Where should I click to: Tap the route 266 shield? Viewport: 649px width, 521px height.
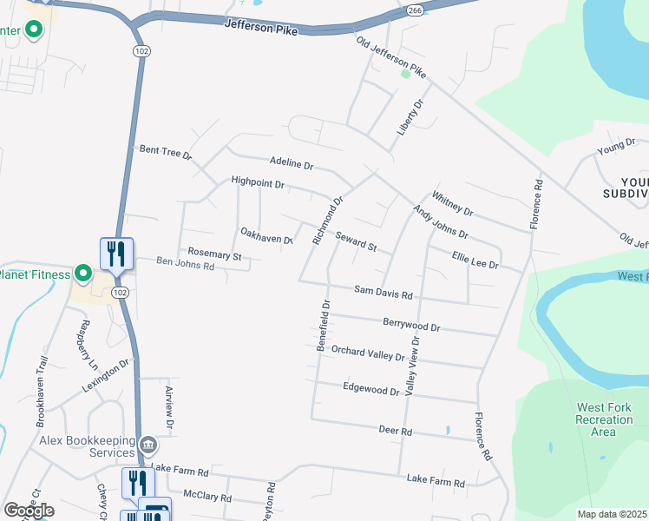(415, 10)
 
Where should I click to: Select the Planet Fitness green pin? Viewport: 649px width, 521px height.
(83, 274)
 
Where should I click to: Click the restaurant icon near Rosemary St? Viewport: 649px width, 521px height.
(116, 254)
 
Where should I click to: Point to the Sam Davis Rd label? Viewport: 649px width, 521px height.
(383, 293)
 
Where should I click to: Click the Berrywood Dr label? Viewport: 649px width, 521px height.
(412, 325)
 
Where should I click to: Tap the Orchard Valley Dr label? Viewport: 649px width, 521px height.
(368, 353)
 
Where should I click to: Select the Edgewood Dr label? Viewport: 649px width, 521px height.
(370, 388)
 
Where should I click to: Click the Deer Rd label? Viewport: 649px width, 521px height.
(395, 430)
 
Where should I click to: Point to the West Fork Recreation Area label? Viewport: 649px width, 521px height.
(604, 419)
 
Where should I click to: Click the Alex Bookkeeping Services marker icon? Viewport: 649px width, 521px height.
(148, 446)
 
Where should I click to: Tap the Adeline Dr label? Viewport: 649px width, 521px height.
(291, 162)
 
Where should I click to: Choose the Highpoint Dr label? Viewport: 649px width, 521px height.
(258, 182)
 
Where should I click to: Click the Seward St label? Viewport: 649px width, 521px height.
(356, 241)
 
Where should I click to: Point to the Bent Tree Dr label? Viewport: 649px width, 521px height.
(165, 151)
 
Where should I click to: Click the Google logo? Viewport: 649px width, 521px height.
(29, 511)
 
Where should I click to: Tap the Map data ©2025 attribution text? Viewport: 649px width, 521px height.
(613, 514)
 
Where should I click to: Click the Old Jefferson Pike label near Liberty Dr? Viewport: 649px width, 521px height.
(392, 58)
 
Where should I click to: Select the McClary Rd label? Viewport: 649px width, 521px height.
(207, 498)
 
